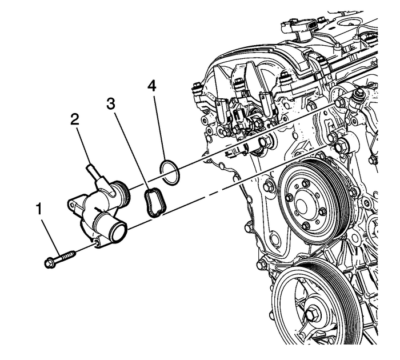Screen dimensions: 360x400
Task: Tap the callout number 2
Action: (74, 119)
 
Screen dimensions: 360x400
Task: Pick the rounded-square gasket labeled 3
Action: (153, 203)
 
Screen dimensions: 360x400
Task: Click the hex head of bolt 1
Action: (49, 263)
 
